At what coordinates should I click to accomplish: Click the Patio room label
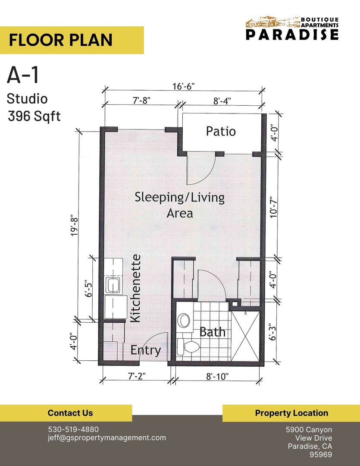pos(221,131)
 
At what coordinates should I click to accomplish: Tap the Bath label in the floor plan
pos(213,332)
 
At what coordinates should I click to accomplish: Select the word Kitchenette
pos(135,288)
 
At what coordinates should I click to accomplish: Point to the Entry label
pos(146,350)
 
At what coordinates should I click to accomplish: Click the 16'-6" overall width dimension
pos(184,85)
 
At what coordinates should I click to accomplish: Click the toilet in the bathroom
pos(189,346)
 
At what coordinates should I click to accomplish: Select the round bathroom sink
pos(185,320)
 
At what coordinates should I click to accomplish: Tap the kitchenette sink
pos(113,285)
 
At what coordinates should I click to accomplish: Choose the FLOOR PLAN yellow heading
pos(61,40)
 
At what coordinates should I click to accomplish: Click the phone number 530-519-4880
pos(73,429)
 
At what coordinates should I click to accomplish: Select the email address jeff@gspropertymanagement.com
pos(107,438)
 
